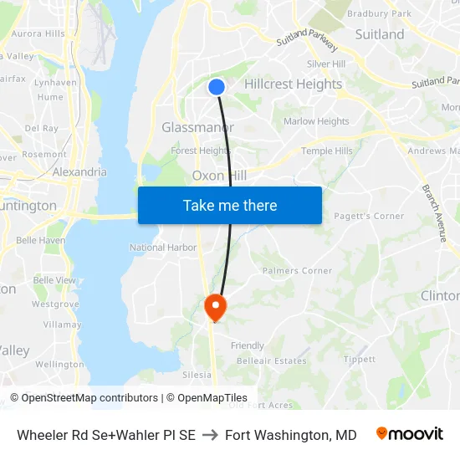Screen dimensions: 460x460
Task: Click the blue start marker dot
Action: (x=217, y=86)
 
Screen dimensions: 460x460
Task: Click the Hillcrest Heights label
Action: (x=293, y=84)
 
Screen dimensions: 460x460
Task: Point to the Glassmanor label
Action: (x=197, y=127)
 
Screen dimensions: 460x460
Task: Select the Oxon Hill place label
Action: (x=219, y=176)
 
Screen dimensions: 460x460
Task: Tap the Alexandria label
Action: (x=79, y=171)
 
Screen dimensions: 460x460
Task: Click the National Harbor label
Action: (x=161, y=248)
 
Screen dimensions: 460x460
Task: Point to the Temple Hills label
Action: (x=327, y=151)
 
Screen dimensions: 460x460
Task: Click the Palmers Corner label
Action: (x=297, y=271)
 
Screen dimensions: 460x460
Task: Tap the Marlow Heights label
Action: (x=316, y=121)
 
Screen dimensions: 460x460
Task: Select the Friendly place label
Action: (x=248, y=345)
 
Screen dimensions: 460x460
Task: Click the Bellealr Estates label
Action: (x=272, y=360)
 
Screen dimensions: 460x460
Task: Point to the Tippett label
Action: (x=360, y=360)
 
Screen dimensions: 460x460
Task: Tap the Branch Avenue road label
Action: (x=435, y=214)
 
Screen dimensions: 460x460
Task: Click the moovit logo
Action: (x=409, y=434)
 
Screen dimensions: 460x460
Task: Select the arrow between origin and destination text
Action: (x=210, y=435)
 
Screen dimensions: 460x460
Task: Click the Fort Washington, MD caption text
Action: (x=290, y=435)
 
